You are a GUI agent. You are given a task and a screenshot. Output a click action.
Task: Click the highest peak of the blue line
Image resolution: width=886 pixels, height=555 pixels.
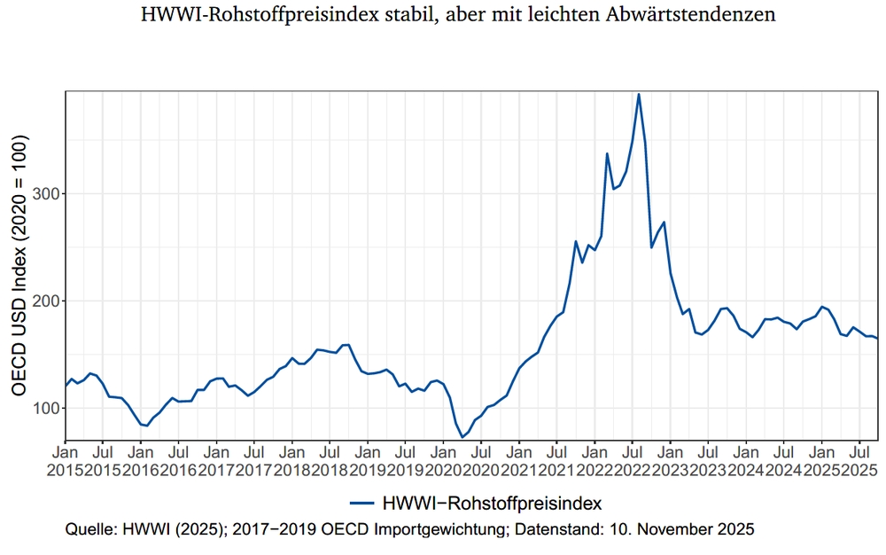point(639,95)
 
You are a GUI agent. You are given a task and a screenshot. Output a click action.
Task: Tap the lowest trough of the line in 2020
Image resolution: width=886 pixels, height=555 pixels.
point(462,437)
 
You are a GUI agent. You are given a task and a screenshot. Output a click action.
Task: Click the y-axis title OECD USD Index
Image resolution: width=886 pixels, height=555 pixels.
point(19,265)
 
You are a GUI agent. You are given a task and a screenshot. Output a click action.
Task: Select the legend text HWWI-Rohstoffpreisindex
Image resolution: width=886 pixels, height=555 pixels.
point(492,504)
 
